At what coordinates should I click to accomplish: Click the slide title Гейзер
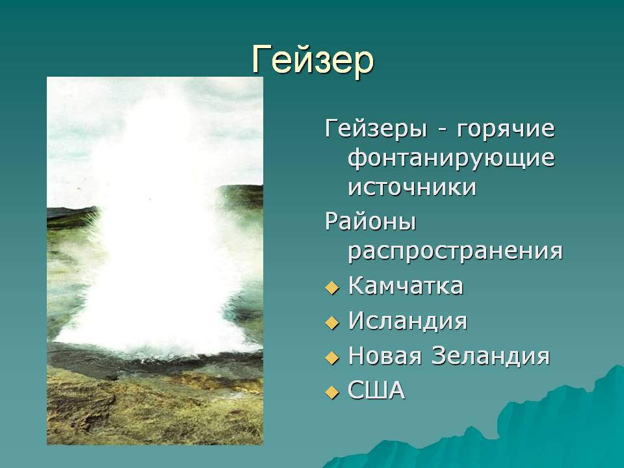tap(313, 60)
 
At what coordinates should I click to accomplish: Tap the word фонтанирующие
tap(451, 159)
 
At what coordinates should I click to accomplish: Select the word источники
tap(412, 187)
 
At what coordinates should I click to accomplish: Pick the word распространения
tap(455, 252)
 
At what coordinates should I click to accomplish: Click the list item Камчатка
tap(406, 286)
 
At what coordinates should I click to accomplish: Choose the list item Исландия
tap(408, 320)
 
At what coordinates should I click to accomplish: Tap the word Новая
tap(385, 356)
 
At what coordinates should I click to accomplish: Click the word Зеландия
tap(491, 356)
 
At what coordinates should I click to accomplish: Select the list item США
tap(376, 391)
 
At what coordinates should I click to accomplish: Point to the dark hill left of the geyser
tap(72, 217)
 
